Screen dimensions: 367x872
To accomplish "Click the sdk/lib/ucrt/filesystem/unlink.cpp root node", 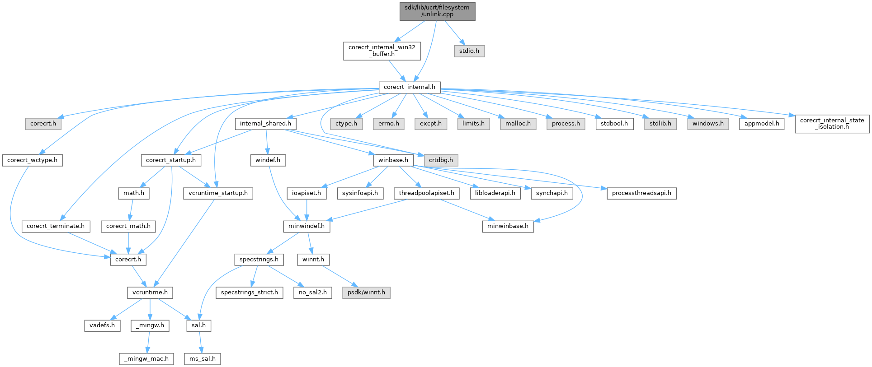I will pos(437,11).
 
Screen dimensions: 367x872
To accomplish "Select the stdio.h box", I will pos(469,51).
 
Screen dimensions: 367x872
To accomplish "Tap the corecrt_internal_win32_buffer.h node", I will pos(382,51).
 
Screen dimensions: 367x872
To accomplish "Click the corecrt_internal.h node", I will pos(409,87).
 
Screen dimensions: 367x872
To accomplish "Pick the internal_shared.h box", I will pos(265,124).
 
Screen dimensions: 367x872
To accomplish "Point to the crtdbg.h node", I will pos(441,160).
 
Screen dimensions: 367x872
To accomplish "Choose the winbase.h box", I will pos(393,160).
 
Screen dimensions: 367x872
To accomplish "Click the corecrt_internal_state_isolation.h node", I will pos(832,123).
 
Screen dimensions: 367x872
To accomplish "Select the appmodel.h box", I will pos(762,124).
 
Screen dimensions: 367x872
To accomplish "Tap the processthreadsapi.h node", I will pos(641,193).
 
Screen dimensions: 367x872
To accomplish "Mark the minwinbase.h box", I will pos(508,226).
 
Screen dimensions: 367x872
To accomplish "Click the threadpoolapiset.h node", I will pos(426,193).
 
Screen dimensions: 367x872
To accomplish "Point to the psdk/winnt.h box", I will pos(366,293).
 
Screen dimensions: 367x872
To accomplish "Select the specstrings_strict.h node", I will pos(249,293).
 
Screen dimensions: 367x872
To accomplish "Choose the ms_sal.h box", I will pos(203,359).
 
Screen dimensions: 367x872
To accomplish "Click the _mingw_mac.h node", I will pos(146,359).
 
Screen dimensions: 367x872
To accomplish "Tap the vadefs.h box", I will pos(102,325).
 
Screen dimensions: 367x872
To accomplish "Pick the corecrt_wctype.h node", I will pos(32,160).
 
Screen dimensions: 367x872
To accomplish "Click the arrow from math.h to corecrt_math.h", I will pos(130,209).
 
